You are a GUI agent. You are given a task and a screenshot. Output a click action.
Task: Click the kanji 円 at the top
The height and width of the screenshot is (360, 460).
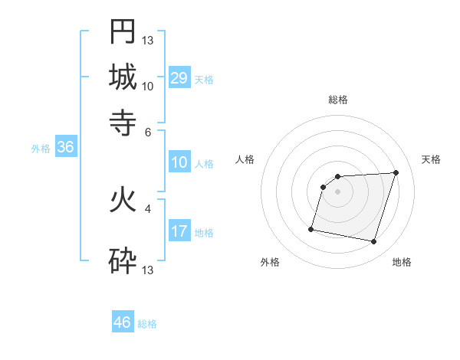(x=123, y=31)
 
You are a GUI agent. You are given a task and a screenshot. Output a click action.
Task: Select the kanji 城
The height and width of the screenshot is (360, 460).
(x=123, y=77)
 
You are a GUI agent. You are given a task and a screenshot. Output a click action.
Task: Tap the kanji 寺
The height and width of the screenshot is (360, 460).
(x=123, y=121)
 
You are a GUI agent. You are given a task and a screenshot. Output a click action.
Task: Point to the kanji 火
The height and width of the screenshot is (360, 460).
(x=123, y=199)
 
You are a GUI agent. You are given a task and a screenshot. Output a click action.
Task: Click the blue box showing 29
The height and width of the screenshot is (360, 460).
(x=179, y=77)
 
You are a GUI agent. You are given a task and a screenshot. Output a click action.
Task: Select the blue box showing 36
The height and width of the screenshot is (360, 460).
(x=65, y=147)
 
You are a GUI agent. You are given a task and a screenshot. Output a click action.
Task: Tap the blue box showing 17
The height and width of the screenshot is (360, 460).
(x=179, y=231)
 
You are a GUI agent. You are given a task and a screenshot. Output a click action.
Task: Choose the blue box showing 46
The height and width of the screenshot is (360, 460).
(x=123, y=322)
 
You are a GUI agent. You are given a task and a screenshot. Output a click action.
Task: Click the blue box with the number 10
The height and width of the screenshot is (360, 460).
(x=179, y=162)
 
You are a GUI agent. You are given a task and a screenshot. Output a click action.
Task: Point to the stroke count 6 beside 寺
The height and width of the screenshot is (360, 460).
(x=149, y=132)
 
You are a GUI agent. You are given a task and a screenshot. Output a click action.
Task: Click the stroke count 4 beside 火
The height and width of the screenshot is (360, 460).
(x=149, y=208)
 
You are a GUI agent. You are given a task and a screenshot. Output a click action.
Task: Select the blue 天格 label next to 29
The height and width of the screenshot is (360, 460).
(x=204, y=79)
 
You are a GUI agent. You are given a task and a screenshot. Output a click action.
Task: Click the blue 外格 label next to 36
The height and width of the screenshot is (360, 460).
(x=40, y=149)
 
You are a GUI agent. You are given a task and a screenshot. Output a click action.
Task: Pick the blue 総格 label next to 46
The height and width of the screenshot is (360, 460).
(x=147, y=324)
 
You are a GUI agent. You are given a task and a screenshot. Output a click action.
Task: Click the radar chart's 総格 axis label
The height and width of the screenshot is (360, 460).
(x=338, y=100)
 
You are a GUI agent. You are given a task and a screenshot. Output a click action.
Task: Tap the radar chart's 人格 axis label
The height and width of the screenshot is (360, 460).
(x=245, y=159)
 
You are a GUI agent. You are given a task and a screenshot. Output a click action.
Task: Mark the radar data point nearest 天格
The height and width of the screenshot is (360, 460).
(x=396, y=172)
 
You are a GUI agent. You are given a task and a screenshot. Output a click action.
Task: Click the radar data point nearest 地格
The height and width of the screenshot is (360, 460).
(x=373, y=242)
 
